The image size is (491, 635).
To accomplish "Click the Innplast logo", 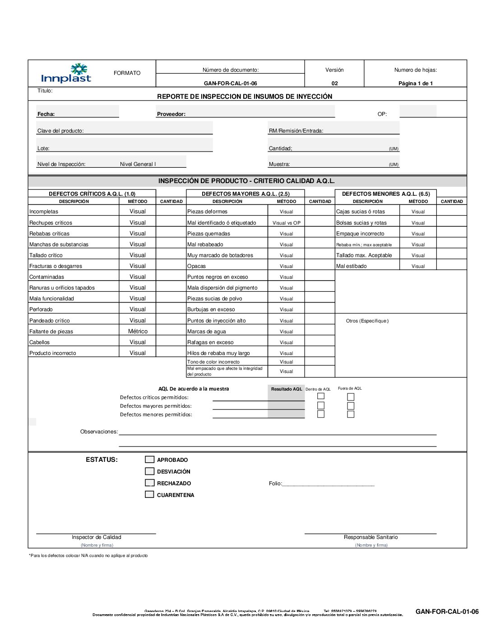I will pos(66,74).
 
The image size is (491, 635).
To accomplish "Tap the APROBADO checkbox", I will pos(149,460).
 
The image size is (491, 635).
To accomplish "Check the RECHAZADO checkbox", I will pos(149,483).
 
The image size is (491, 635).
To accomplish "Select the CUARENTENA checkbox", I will pos(149,495).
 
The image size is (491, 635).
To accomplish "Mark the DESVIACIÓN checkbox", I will pos(149,471).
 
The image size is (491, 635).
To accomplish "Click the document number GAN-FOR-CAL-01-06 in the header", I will pos(230,83).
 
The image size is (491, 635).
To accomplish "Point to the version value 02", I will pos(334,83).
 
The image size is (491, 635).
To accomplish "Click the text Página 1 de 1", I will pos(415,83).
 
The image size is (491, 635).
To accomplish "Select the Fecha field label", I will pos(46,114).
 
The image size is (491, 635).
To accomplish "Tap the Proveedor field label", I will pos(171,114).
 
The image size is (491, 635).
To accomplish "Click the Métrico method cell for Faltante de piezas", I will pos(138,331).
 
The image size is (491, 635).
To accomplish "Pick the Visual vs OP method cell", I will pos(286,223).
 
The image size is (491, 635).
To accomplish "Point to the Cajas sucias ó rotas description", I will pos(360,212).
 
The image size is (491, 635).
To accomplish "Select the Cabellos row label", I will pos(40,342).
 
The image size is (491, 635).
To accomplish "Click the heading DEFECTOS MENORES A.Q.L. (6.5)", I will pos(386,194).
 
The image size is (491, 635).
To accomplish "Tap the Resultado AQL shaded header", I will pos(286,389).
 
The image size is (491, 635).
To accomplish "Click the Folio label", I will pos(275,483).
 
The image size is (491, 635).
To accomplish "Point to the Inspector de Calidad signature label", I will pos(96,537).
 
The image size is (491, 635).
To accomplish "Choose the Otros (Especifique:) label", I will pos(367,321).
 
